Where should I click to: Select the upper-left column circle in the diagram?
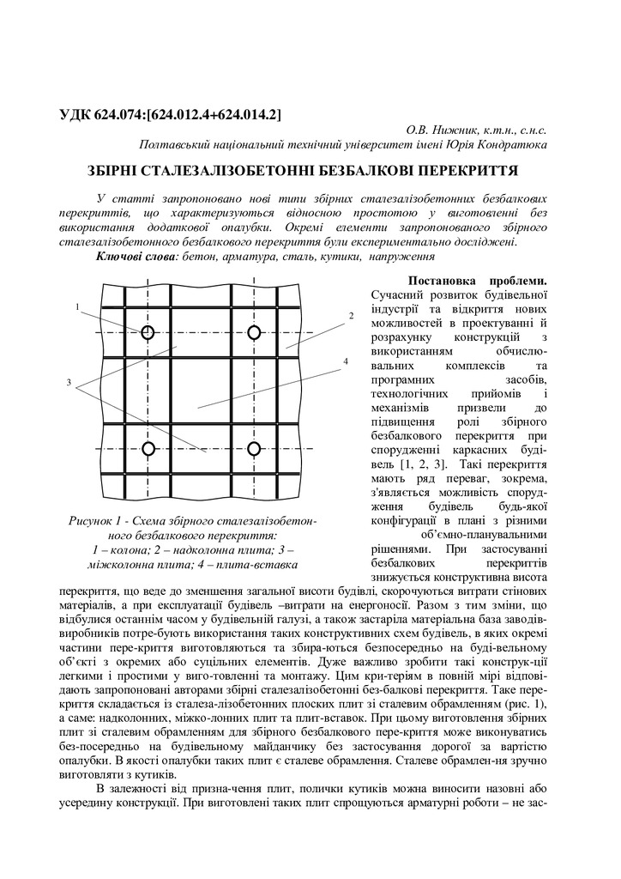click(148, 332)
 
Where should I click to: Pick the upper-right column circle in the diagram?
click(254, 332)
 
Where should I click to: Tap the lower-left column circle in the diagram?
click(148, 448)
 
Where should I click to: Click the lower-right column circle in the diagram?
click(254, 448)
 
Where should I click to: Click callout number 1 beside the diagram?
click(77, 306)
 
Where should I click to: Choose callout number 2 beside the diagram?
click(351, 316)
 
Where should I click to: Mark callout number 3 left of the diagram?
click(68, 382)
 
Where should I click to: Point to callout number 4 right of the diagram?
click(346, 361)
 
